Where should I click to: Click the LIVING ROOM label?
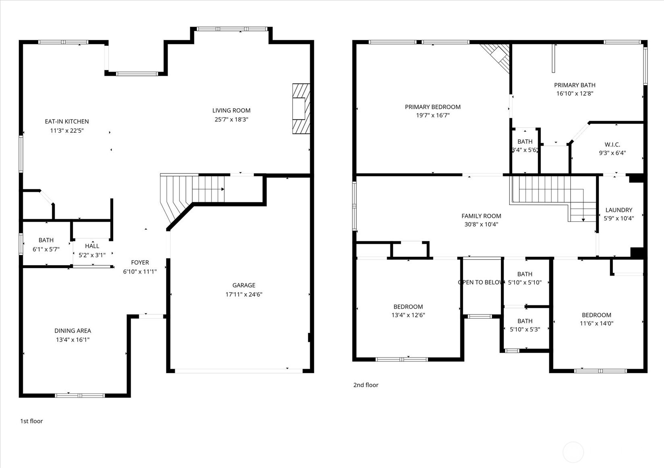pyautogui.click(x=231, y=110)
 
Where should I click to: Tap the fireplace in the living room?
pyautogui.click(x=301, y=109)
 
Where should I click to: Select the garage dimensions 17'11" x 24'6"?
pyautogui.click(x=244, y=295)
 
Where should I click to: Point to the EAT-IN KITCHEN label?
pyautogui.click(x=67, y=121)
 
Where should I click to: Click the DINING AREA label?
pyautogui.click(x=73, y=331)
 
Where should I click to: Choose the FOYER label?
pyautogui.click(x=140, y=262)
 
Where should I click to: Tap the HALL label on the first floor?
pyautogui.click(x=92, y=246)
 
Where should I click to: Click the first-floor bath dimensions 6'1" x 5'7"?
pyautogui.click(x=46, y=249)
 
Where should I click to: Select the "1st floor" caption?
pyautogui.click(x=31, y=421)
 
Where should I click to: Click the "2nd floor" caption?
pyautogui.click(x=366, y=385)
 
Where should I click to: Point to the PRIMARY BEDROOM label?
pyautogui.click(x=433, y=107)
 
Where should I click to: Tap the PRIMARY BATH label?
pyautogui.click(x=575, y=85)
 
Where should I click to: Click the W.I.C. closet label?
pyautogui.click(x=612, y=144)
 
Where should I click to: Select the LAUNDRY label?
pyautogui.click(x=619, y=210)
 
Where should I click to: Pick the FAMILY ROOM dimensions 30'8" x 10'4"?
pyautogui.click(x=481, y=225)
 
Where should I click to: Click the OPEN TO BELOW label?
pyautogui.click(x=481, y=282)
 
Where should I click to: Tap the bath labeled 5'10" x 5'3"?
pyautogui.click(x=525, y=325)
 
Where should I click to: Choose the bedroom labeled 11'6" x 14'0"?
pyautogui.click(x=596, y=319)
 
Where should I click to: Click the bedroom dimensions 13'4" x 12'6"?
pyautogui.click(x=408, y=315)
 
